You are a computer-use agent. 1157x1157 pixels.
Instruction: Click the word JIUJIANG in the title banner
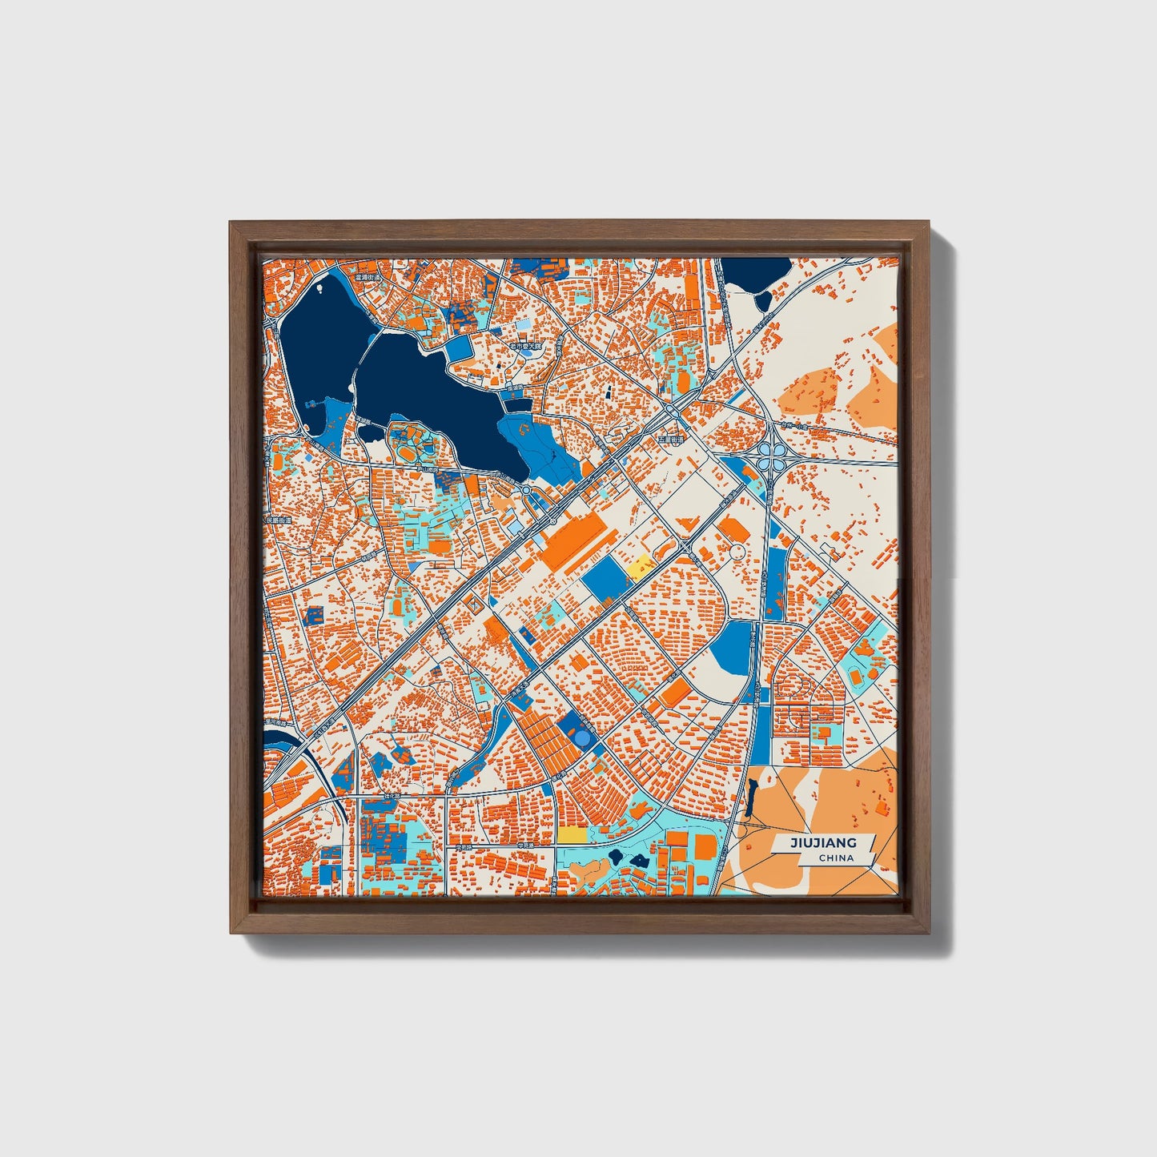[x=823, y=842]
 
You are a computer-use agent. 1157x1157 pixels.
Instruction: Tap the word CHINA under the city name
[x=835, y=858]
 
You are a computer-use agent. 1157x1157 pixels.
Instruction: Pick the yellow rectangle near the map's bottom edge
[x=572, y=834]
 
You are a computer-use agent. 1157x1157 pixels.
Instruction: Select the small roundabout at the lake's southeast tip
[x=526, y=490]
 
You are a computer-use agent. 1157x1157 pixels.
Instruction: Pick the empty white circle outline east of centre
[x=736, y=552]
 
